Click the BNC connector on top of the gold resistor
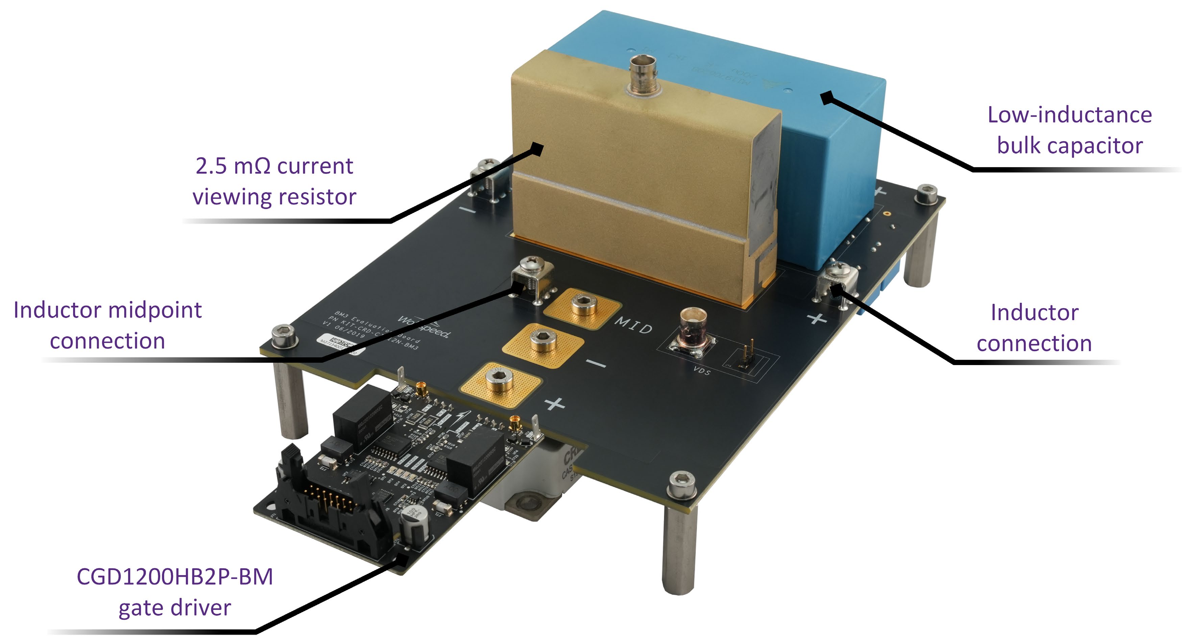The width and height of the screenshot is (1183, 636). click(x=643, y=75)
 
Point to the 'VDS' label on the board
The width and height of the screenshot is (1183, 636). click(x=701, y=370)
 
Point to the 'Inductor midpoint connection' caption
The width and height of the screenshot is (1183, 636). click(x=107, y=325)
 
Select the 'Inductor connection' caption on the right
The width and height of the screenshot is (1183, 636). click(x=1034, y=328)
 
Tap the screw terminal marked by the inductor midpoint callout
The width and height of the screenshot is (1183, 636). click(x=533, y=280)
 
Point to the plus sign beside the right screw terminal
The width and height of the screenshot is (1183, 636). click(x=817, y=318)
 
